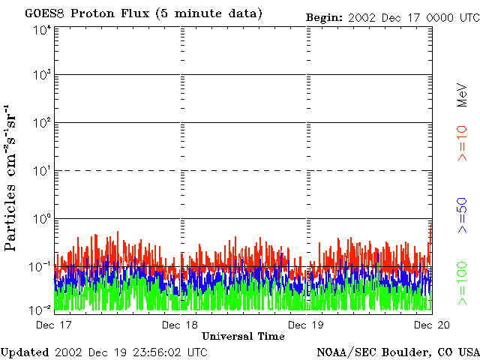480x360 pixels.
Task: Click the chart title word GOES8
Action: pos(45,13)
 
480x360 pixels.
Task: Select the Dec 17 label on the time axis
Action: pos(53,325)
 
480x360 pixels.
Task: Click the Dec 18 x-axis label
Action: pos(180,325)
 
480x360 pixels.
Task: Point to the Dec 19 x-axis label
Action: pos(306,325)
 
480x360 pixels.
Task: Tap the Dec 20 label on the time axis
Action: pos(432,325)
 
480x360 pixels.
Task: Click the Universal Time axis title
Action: pos(243,337)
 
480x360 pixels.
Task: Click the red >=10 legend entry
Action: pos(462,143)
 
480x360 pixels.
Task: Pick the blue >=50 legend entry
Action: pos(462,215)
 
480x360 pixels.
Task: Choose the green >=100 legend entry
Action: pos(462,283)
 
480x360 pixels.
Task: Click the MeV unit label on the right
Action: pos(462,95)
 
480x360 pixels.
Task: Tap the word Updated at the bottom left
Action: pos(25,352)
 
